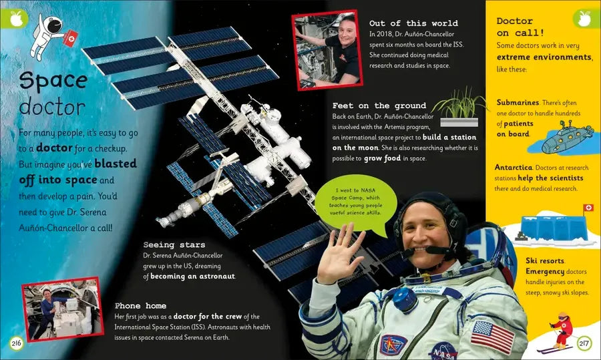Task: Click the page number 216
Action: point(16,343)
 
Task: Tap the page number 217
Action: point(584,343)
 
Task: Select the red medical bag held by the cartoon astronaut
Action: point(71,38)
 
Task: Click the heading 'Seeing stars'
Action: point(174,244)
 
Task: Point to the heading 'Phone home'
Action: point(140,305)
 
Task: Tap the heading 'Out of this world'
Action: point(413,23)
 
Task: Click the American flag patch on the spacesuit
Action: point(492,336)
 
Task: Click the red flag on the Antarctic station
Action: point(588,208)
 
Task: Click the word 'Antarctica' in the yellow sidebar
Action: point(514,167)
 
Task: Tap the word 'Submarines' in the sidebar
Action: point(518,102)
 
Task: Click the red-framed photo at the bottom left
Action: point(63,309)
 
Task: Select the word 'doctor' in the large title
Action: point(52,107)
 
